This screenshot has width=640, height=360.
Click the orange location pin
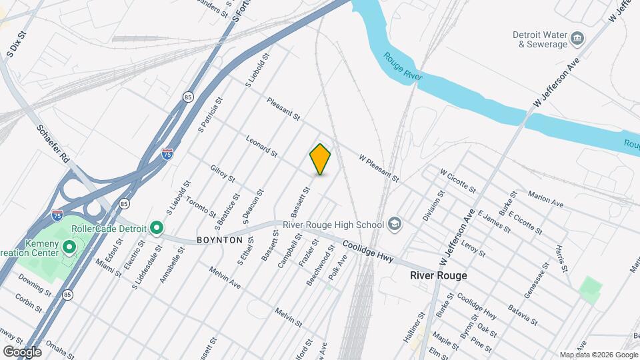[321, 159]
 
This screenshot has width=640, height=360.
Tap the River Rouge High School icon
[395, 224]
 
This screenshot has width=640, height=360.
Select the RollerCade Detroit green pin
[157, 229]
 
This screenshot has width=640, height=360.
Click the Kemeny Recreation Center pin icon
[69, 249]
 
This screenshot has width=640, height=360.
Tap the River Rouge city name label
[438, 275]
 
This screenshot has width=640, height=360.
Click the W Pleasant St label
[378, 169]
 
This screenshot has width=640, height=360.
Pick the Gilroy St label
[223, 174]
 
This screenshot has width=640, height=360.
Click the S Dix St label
[17, 43]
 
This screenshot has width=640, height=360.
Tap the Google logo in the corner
[22, 351]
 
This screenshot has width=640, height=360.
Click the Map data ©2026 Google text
[598, 355]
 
